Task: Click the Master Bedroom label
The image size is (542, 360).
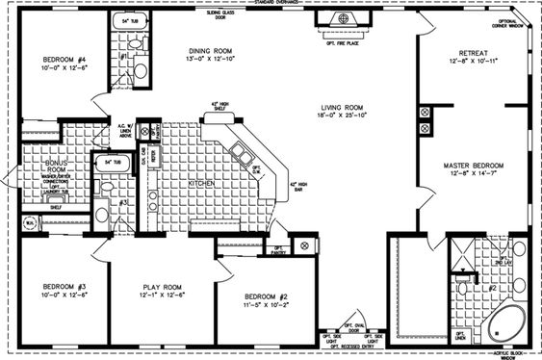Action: tap(470, 165)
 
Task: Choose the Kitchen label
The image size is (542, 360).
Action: tap(200, 183)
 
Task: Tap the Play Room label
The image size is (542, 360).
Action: tap(149, 287)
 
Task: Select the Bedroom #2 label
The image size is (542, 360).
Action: tap(260, 296)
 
